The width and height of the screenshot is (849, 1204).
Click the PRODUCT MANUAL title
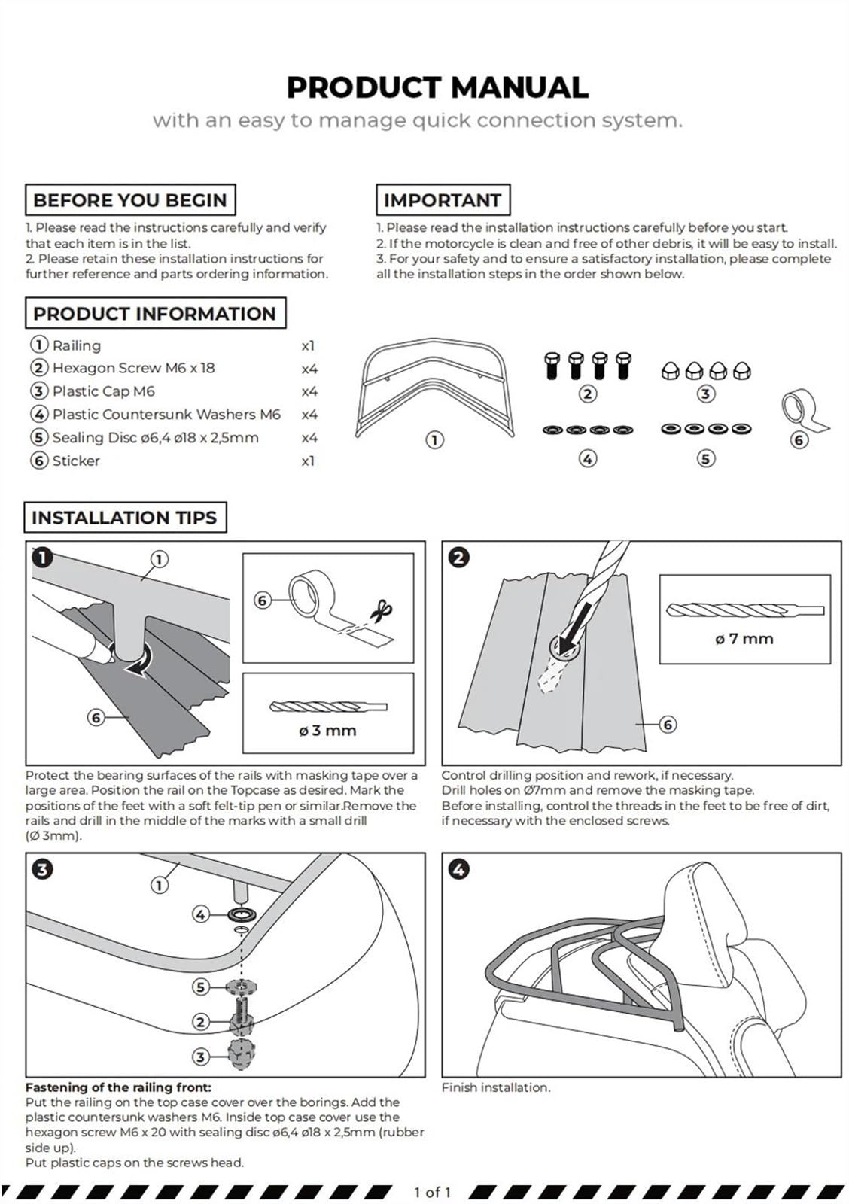pyautogui.click(x=437, y=87)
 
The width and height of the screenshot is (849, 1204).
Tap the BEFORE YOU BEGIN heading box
pyautogui.click(x=130, y=200)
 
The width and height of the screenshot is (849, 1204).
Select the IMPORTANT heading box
pyautogui.click(x=443, y=200)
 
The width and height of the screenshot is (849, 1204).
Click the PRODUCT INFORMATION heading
pyautogui.click(x=155, y=313)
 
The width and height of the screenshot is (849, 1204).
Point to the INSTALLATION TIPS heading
pyautogui.click(x=125, y=517)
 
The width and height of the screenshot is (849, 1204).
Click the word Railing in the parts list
pyautogui.click(x=76, y=345)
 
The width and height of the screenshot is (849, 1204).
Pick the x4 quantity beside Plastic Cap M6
pyautogui.click(x=309, y=391)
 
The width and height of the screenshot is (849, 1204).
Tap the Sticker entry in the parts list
pyautogui.click(x=76, y=461)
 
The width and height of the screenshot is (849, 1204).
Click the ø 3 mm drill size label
pyautogui.click(x=327, y=731)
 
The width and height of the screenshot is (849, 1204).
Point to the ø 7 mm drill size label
pyautogui.click(x=744, y=639)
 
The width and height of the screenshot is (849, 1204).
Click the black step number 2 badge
pyautogui.click(x=458, y=558)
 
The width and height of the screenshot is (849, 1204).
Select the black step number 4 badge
pyautogui.click(x=458, y=870)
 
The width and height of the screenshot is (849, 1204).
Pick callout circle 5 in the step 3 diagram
pyautogui.click(x=200, y=987)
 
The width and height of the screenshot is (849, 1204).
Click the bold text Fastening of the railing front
pyautogui.click(x=118, y=1087)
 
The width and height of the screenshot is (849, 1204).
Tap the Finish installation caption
pyautogui.click(x=496, y=1087)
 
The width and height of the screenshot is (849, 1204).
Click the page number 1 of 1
pyautogui.click(x=432, y=1192)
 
